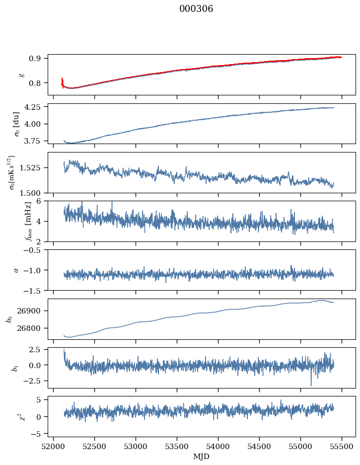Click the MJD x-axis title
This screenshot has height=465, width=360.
point(202,457)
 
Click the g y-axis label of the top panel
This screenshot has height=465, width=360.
point(21,75)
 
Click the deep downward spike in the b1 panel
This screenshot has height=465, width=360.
point(311,385)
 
